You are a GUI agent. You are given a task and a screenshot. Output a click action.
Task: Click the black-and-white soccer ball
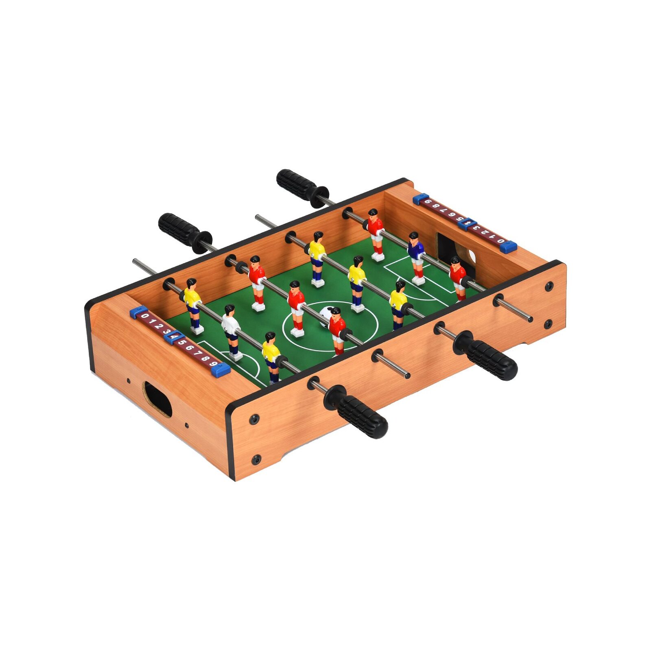click(x=325, y=315)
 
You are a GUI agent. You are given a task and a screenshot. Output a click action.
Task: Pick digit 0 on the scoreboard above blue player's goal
click(x=501, y=241)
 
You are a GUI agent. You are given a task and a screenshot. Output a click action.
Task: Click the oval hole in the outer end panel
click(x=158, y=399)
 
